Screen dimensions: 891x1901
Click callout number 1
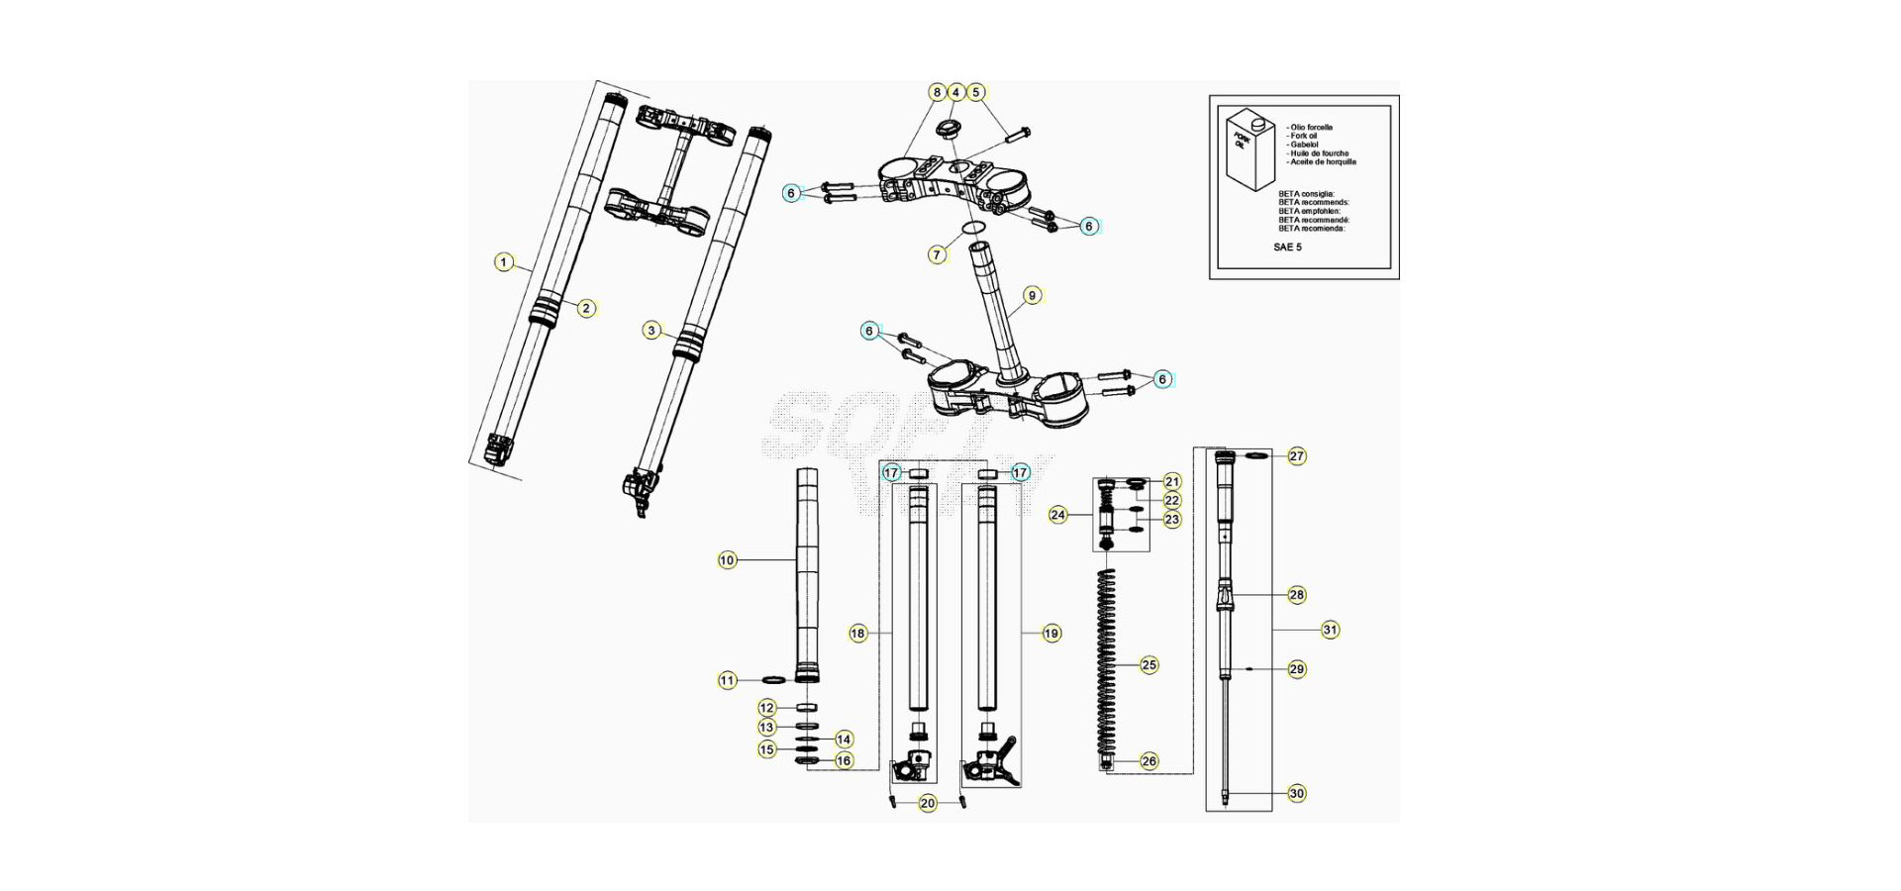[x=504, y=262]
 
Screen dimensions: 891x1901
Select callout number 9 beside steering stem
[x=1032, y=295]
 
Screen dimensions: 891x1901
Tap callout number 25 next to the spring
[x=1149, y=665]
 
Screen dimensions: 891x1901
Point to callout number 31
[x=1330, y=630]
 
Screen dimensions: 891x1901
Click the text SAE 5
[x=1287, y=247]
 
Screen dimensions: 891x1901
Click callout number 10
[x=727, y=560]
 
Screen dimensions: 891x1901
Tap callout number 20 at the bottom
[x=928, y=803]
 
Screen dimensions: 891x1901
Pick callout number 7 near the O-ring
[x=938, y=254]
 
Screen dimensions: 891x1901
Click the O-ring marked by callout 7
[x=973, y=230]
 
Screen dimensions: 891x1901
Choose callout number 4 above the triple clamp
[x=955, y=92]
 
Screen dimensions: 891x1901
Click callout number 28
[x=1297, y=595]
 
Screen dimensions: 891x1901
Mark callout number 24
[x=1058, y=515]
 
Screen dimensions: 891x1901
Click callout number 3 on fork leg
[x=650, y=330]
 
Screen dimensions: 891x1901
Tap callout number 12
[x=767, y=708]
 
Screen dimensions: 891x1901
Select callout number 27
[x=1297, y=456]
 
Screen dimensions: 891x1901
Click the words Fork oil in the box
[x=1304, y=136]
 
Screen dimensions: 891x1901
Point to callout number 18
[x=857, y=633]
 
